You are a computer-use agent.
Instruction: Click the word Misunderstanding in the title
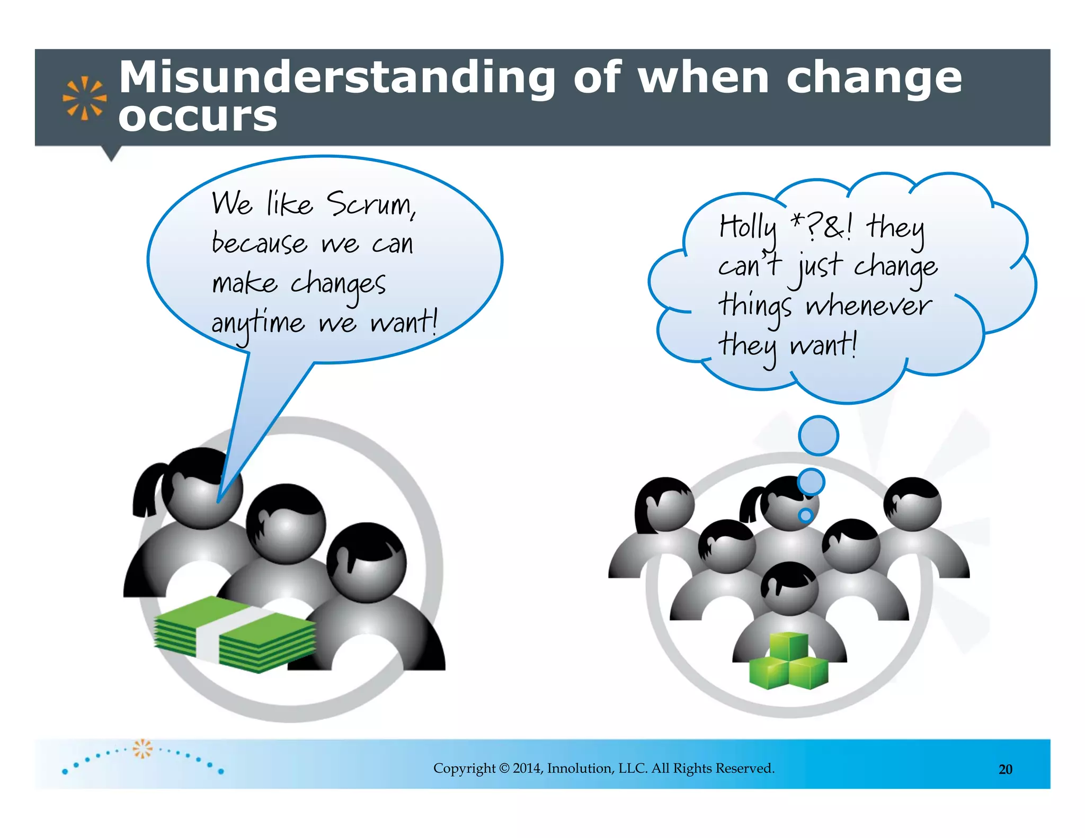[x=337, y=78]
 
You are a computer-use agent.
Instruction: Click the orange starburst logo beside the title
[x=84, y=98]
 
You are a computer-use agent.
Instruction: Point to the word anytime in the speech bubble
[x=258, y=324]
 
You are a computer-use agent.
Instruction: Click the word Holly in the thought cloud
[x=748, y=228]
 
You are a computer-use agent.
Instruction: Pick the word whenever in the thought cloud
[x=868, y=306]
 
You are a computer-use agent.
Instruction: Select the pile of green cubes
[x=789, y=662]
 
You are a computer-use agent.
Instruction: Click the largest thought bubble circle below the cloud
[x=819, y=435]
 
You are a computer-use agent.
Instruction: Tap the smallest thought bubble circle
[x=806, y=515]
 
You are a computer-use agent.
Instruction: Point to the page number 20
[x=1005, y=770]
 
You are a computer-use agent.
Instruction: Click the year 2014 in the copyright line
[x=527, y=769]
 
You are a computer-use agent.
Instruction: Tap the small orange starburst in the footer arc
[x=142, y=748]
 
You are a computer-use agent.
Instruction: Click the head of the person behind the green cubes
[x=789, y=588]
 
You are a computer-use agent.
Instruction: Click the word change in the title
[x=874, y=78]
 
